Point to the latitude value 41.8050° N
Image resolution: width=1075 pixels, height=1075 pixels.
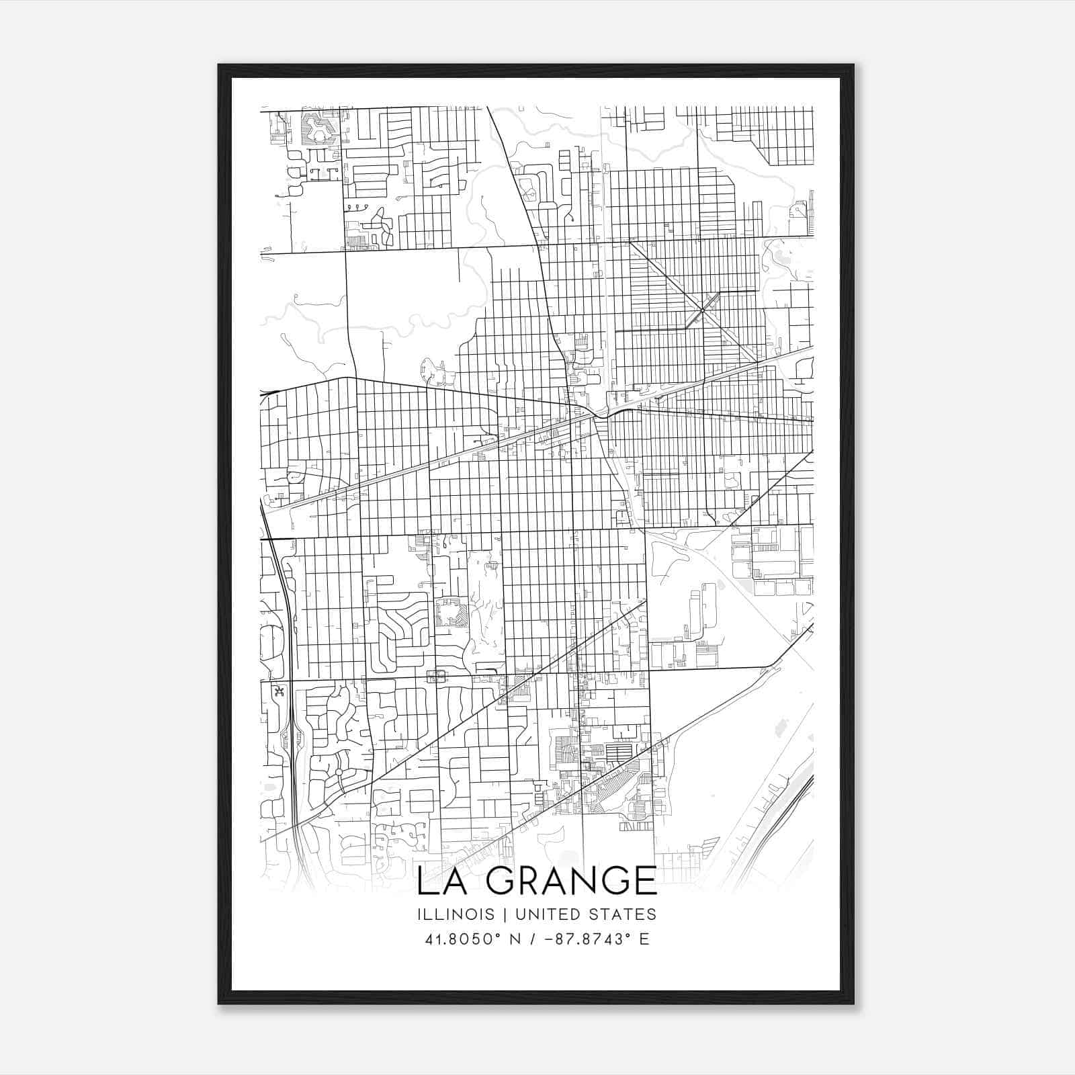pyautogui.click(x=473, y=939)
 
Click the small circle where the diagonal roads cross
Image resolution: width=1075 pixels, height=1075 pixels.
pyautogui.click(x=702, y=310)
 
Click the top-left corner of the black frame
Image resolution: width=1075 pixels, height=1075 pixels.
pyautogui.click(x=218, y=64)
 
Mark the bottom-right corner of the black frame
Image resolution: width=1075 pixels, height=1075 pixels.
pyautogui.click(x=854, y=1004)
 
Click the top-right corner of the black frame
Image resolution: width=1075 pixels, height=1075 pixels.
pyautogui.click(x=854, y=64)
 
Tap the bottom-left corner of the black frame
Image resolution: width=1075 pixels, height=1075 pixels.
pyautogui.click(x=218, y=1004)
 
